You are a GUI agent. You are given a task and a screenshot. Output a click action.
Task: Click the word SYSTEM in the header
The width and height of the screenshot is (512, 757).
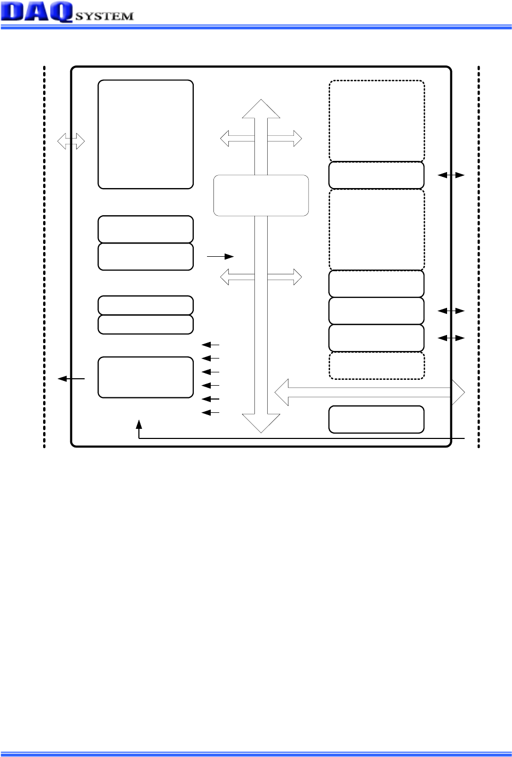104,16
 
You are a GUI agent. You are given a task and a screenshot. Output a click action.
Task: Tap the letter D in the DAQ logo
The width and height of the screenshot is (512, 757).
13,12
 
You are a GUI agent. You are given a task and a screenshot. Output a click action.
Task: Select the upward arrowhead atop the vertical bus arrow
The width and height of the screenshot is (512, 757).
261,109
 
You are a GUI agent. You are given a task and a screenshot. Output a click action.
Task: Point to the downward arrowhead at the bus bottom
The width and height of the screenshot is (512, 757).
261,423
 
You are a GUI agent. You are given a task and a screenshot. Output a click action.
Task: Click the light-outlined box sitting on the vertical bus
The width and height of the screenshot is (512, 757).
261,196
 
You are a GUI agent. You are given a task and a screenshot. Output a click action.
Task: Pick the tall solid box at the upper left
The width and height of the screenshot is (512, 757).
145,134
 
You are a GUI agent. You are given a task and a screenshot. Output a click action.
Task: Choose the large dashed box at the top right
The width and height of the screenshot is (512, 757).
377,120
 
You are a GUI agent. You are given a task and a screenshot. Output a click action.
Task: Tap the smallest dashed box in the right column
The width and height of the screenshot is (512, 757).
377,365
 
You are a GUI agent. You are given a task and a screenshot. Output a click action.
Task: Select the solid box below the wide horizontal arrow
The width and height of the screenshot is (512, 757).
377,419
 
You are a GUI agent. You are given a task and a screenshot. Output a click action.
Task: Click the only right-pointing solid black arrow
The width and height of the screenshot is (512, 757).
220,256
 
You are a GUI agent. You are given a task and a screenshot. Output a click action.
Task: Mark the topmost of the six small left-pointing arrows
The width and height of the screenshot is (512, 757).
210,345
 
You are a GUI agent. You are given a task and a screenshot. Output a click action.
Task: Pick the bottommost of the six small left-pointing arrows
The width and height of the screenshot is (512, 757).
210,412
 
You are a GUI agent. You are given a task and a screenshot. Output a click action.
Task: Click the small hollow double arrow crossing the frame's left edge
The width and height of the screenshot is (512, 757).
71,141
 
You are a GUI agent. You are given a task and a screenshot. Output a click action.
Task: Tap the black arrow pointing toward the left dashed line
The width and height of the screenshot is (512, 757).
71,379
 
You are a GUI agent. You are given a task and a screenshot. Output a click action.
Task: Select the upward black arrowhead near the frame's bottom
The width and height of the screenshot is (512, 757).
139,424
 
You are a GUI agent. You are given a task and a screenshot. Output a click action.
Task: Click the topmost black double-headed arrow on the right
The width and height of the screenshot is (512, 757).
451,175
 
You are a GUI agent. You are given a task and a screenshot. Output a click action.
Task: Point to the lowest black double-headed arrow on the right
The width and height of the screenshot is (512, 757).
451,338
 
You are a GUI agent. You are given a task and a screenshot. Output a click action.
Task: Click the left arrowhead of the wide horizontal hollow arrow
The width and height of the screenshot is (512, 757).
282,393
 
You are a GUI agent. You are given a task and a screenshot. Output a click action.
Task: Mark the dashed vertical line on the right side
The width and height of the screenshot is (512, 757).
478,257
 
